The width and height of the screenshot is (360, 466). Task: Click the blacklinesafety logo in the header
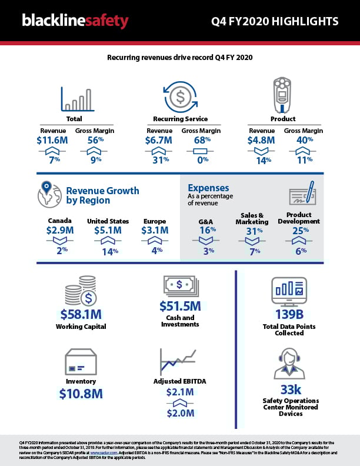[75, 22]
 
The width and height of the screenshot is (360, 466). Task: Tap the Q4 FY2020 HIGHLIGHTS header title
[275, 22]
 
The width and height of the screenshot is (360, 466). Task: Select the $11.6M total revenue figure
[53, 141]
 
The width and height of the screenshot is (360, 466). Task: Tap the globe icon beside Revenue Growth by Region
[49, 195]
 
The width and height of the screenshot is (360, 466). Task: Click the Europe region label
[155, 221]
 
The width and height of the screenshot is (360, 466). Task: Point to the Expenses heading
[208, 188]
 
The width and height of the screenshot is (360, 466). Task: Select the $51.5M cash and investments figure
[180, 307]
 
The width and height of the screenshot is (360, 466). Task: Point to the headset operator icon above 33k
[289, 363]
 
